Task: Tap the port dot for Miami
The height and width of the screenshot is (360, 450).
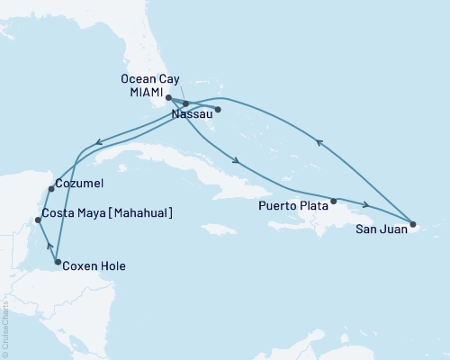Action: (x=168, y=97)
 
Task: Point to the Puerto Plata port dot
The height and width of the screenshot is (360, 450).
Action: (x=334, y=201)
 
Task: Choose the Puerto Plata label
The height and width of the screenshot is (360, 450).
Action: (x=292, y=205)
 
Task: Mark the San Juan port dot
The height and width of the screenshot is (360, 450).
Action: (x=412, y=224)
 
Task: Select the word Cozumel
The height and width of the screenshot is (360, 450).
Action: (x=79, y=184)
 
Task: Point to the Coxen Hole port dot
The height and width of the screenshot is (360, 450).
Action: (x=57, y=263)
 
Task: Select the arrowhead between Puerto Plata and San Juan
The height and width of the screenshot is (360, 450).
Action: (x=365, y=205)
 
